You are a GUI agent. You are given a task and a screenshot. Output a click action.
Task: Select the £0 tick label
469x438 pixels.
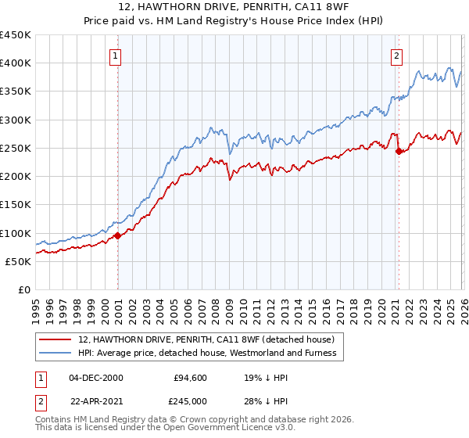[23, 289]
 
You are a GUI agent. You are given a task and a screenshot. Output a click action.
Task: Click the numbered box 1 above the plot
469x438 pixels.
[116, 56]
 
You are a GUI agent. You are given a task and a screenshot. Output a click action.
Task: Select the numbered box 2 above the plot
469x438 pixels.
[397, 56]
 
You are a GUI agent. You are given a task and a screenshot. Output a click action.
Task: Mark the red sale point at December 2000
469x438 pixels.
[118, 235]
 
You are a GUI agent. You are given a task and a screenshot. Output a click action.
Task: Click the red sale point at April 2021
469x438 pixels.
[399, 151]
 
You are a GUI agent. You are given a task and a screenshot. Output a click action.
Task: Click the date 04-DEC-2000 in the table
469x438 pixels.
[95, 378]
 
